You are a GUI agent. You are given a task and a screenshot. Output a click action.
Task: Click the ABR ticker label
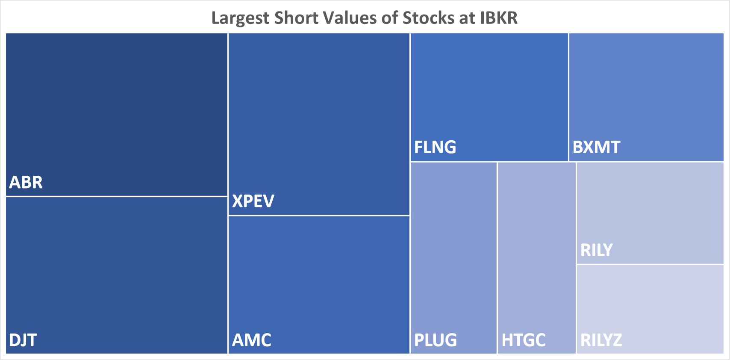coord(26,183)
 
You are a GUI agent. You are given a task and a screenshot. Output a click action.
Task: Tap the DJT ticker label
coord(23,340)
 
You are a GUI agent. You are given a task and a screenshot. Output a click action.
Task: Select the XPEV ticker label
coord(253,201)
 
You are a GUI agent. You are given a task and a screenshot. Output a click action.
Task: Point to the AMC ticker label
coord(252,340)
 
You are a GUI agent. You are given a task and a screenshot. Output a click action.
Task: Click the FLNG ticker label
coord(435,148)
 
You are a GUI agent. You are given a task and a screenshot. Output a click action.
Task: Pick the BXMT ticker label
coord(596,148)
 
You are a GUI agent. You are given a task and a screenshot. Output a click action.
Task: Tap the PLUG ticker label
coord(436,340)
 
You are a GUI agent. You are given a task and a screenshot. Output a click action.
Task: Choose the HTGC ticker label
coord(524,340)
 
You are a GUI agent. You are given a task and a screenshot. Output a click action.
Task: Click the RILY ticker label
coord(597,250)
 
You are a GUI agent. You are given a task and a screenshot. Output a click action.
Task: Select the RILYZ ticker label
coord(601,340)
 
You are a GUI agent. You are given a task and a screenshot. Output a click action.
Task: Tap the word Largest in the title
coord(240,18)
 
